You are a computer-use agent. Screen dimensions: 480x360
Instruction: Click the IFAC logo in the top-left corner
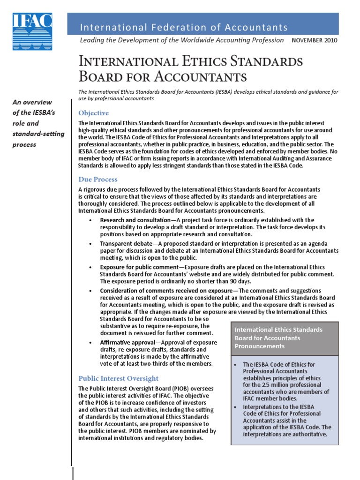(32, 31)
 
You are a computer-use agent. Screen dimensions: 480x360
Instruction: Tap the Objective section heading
(93, 113)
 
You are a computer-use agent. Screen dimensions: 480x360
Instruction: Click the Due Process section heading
(97, 179)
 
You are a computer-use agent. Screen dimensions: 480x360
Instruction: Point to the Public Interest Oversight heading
(118, 378)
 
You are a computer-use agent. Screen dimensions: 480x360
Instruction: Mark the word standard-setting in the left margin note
(38, 134)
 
